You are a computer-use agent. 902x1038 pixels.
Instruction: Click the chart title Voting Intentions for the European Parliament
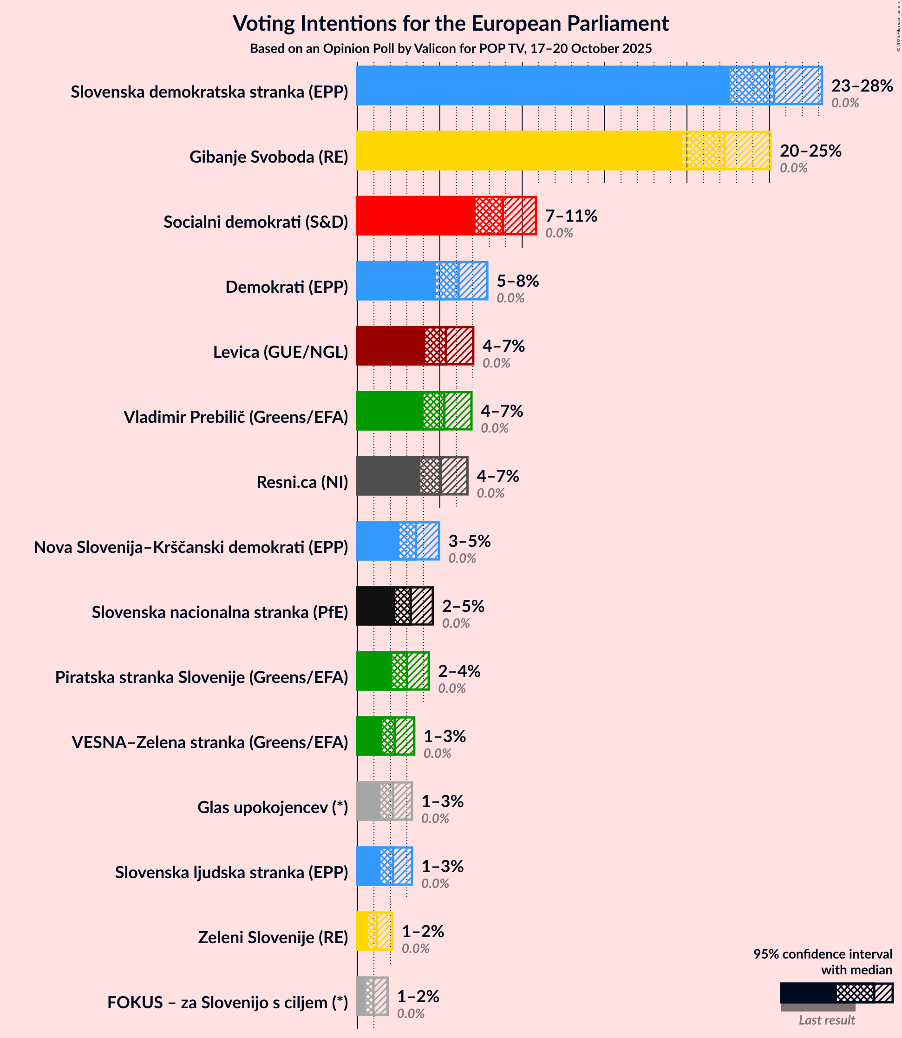451,24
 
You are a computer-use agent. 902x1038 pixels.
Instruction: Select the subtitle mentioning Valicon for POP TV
451,49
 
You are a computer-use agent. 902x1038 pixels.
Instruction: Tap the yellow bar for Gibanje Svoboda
518,151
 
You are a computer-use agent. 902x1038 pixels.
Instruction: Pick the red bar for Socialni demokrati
415,216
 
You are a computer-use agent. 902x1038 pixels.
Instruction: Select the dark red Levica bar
390,345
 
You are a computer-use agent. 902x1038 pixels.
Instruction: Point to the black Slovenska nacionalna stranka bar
375,605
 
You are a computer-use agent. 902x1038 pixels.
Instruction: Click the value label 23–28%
862,86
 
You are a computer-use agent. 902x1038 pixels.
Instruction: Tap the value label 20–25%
810,151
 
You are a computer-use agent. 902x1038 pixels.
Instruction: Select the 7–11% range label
571,216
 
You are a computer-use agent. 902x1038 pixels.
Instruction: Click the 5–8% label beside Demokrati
517,281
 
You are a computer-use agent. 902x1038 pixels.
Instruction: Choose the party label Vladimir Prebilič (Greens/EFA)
235,417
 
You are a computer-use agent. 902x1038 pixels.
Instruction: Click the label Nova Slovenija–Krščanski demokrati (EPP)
191,547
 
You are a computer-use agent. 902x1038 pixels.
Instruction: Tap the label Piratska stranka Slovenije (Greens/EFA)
201,677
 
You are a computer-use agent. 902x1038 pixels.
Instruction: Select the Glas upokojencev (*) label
272,808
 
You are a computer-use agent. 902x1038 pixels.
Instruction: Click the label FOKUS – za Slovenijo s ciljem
227,1003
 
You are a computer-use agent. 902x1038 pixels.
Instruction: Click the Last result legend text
826,1020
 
